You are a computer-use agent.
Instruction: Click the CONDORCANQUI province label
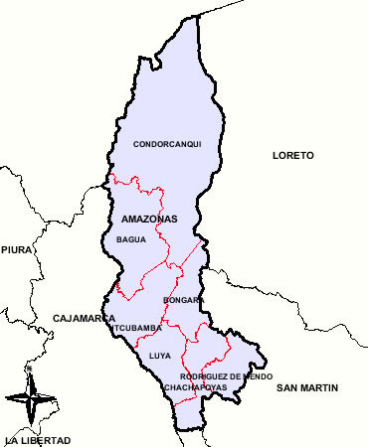[x=167, y=144]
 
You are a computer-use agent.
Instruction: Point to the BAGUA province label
[x=131, y=239]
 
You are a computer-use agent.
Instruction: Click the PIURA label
[x=16, y=250]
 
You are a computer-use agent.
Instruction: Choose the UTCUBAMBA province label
[x=136, y=328]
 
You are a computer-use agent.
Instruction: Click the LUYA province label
[x=159, y=355]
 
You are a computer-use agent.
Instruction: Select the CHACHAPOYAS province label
[x=197, y=386]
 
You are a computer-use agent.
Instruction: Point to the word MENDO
[x=257, y=376]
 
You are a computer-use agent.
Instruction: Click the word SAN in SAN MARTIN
[x=287, y=386]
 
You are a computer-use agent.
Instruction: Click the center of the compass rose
[x=30, y=397]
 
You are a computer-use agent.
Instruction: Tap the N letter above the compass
[x=30, y=370]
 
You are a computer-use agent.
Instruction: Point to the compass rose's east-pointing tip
[x=56, y=397]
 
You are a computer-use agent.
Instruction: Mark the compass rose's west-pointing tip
[x=6, y=397]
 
